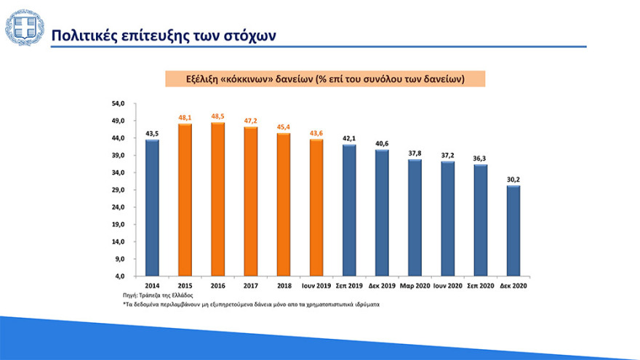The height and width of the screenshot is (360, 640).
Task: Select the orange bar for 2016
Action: [x=217, y=199]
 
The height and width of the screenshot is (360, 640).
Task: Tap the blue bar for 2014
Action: [x=152, y=208]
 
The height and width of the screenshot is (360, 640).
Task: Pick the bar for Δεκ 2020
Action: [x=513, y=231]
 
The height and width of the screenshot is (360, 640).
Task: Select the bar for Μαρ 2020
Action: [x=415, y=217]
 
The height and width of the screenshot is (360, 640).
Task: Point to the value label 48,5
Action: [x=217, y=116]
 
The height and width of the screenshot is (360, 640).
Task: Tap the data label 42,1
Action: [x=349, y=138]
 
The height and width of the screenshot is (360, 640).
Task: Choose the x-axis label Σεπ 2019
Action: [x=349, y=287]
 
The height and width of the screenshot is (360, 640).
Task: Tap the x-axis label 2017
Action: [x=251, y=287]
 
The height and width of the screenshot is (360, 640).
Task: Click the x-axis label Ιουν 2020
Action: [x=447, y=287]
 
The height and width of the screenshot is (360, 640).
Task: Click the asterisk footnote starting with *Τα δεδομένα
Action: [x=251, y=305]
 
